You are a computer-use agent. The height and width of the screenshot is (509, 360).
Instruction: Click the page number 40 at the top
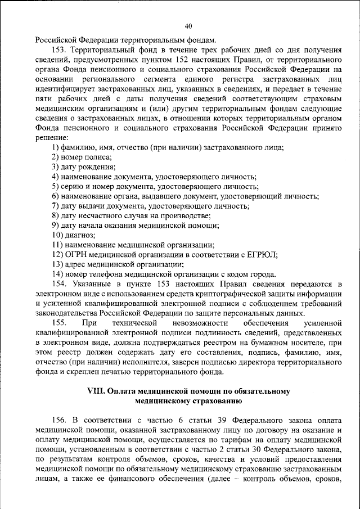tap(188, 25)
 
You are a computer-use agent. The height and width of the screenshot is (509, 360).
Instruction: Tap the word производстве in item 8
tap(188, 215)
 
